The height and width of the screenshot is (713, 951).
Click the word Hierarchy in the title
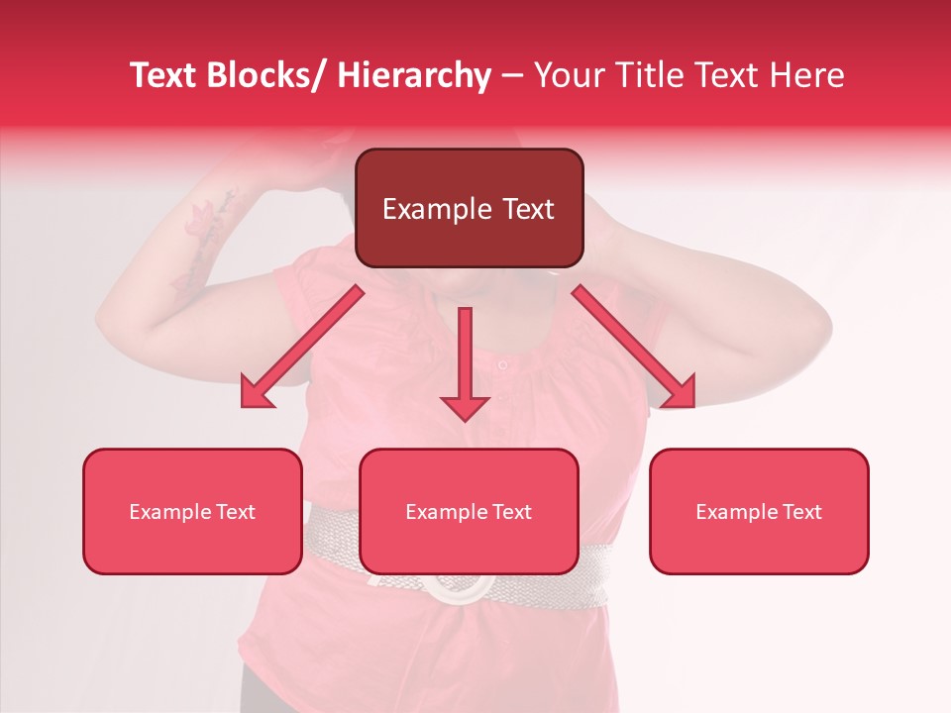pyautogui.click(x=414, y=75)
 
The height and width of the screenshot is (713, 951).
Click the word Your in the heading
pyautogui.click(x=568, y=75)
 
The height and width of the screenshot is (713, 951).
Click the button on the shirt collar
pyautogui.click(x=503, y=365)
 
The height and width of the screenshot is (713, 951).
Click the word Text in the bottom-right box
pyautogui.click(x=800, y=512)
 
